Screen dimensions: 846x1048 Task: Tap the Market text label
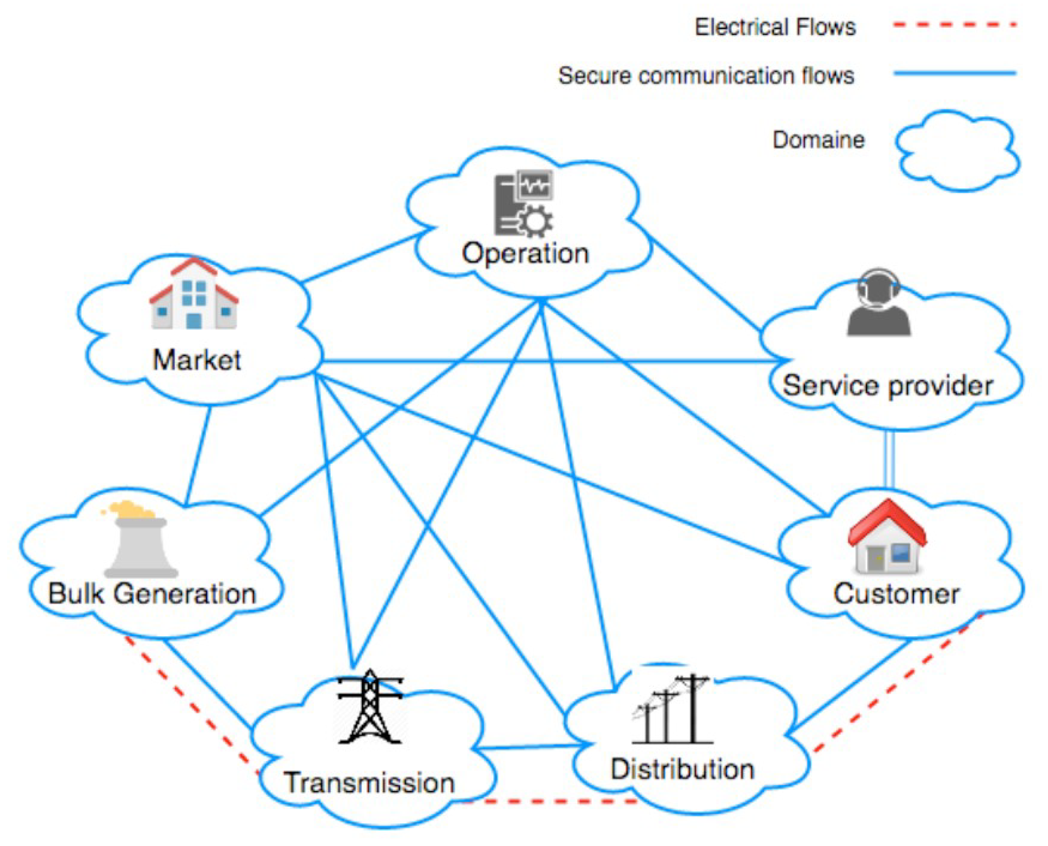pyautogui.click(x=197, y=360)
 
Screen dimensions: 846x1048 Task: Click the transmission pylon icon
pyautogui.click(x=370, y=707)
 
